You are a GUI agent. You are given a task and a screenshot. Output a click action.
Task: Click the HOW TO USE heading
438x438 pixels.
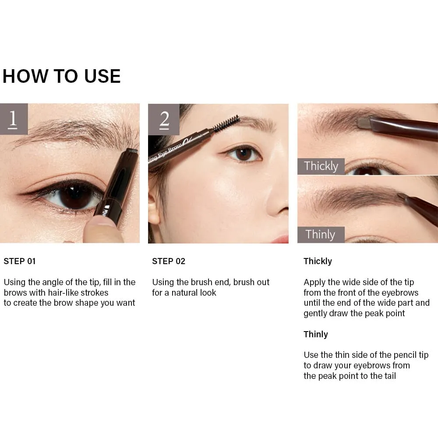point(62,76)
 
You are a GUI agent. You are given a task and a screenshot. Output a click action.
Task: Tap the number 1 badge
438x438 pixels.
point(14,119)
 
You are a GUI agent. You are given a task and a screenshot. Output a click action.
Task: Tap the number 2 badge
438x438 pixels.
point(164,120)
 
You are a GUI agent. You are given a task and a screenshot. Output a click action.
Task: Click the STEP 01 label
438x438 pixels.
point(20,261)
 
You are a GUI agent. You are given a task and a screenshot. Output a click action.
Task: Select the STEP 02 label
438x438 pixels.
point(169,261)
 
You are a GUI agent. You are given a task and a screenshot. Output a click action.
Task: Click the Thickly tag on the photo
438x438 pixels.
point(321,166)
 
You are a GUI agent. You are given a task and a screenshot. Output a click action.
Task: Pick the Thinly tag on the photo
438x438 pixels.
point(321,234)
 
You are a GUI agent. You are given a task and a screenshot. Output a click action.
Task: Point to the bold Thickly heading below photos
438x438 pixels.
point(318,261)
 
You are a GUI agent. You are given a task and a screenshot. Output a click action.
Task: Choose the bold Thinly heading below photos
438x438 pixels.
point(316,334)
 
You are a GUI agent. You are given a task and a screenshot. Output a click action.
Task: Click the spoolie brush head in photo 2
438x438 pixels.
point(227,124)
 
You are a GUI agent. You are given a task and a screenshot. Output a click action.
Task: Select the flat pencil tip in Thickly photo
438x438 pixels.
point(364,123)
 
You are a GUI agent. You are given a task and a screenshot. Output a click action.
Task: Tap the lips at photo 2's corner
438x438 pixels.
point(280,239)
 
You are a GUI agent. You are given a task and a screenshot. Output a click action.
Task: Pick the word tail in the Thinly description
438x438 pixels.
point(390,376)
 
